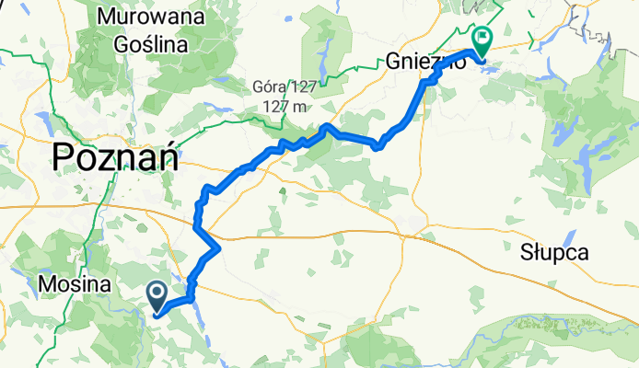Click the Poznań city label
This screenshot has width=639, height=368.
pyautogui.click(x=115, y=158)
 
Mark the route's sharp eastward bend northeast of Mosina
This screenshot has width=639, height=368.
pyautogui.click(x=217, y=247)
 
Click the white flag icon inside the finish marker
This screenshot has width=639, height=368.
pyautogui.click(x=482, y=38)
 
